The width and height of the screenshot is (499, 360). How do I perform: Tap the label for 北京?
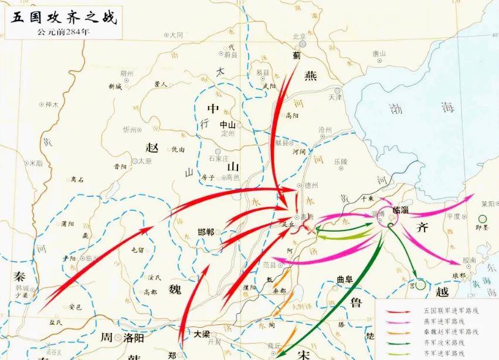point(300,36)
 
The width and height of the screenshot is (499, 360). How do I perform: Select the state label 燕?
point(310,76)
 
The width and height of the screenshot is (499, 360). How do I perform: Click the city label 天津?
point(335,97)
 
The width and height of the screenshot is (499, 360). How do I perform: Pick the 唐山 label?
point(379,53)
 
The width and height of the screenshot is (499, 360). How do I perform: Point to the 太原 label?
point(144,160)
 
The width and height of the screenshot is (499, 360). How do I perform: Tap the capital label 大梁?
point(202,334)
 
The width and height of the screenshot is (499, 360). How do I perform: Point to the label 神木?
point(52,104)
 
